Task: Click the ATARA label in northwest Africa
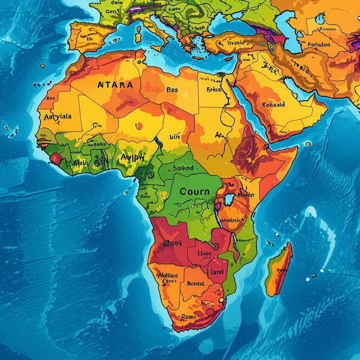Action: tap(115, 85)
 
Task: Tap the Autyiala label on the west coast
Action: tap(58, 117)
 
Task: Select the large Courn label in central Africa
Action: tap(194, 191)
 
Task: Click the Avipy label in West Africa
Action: tap(132, 157)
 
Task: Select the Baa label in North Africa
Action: tap(172, 89)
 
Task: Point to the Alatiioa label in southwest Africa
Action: tap(167, 276)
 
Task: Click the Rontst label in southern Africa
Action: tap(196, 284)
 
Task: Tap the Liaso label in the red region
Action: tap(203, 254)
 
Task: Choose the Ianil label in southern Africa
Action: tap(217, 272)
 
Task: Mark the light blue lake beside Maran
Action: tap(229, 200)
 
